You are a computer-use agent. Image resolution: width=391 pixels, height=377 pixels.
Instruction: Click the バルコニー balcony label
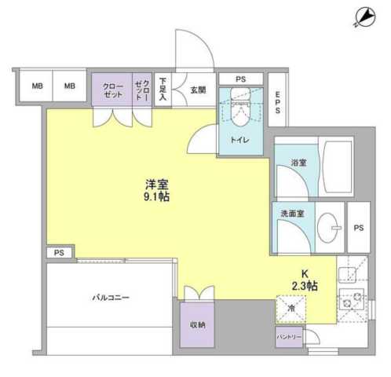(x=110, y=298)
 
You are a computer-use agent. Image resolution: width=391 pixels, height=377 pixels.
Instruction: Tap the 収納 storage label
(x=197, y=324)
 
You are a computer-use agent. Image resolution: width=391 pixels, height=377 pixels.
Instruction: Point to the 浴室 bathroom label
(x=299, y=163)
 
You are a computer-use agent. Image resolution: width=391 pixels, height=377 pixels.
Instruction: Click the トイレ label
(x=240, y=140)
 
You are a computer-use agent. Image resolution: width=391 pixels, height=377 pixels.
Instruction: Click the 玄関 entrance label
(x=198, y=91)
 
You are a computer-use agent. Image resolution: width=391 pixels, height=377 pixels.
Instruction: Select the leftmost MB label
(x=36, y=86)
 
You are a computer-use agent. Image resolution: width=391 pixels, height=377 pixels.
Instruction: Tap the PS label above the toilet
(x=240, y=79)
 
